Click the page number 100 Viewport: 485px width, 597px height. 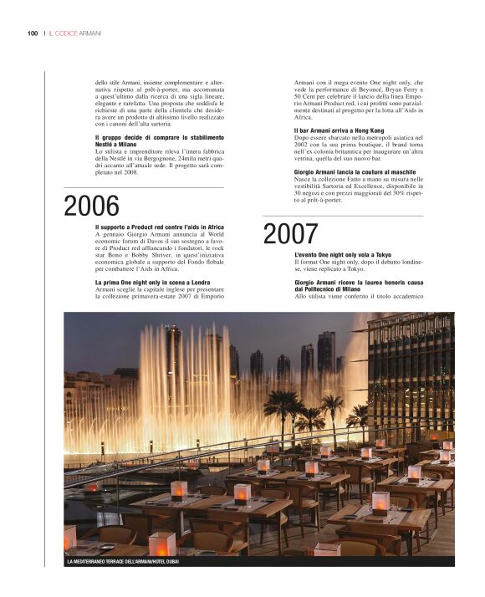(33, 33)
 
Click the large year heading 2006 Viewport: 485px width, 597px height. (91, 206)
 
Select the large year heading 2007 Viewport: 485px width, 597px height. (290, 234)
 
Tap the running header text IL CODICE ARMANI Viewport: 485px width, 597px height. (74, 33)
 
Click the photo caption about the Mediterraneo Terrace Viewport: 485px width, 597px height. (123, 561)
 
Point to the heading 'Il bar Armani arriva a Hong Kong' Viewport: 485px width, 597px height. (339, 131)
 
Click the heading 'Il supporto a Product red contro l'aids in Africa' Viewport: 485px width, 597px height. (160, 227)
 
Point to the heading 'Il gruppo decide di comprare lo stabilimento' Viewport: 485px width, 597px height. (160, 137)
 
